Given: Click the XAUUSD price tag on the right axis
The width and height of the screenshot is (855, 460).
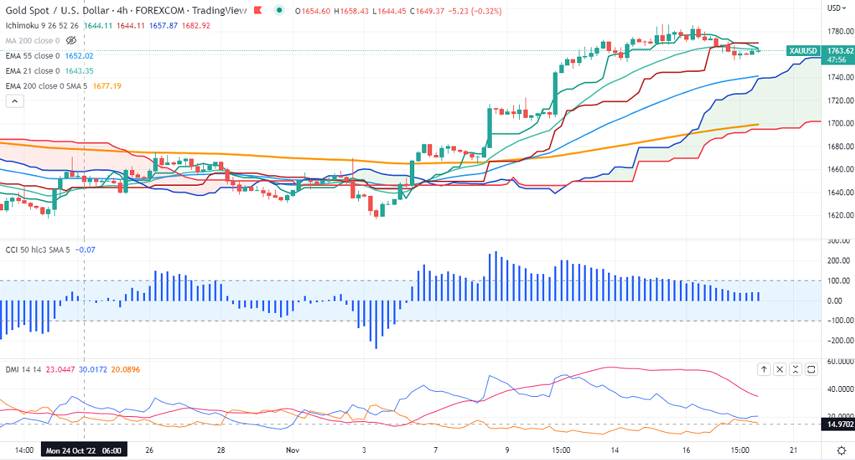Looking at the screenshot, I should [803, 50].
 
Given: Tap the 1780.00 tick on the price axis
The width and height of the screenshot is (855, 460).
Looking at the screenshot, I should [839, 32].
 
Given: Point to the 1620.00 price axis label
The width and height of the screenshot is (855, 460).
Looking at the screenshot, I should [839, 215].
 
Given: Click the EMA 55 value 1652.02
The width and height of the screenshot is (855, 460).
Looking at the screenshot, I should [80, 56].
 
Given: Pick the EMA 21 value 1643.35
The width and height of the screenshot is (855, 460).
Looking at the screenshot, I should [80, 71].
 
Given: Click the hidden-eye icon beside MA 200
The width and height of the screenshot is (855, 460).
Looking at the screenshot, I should [71, 41].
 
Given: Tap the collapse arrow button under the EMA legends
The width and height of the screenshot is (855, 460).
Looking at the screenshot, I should [15, 101].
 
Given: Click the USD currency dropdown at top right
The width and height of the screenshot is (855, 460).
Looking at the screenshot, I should [835, 8].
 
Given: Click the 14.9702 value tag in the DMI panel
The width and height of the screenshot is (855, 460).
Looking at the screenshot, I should [838, 424].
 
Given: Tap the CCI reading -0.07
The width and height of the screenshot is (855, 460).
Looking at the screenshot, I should [85, 250].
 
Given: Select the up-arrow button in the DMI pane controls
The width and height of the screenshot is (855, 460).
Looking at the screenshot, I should [764, 369].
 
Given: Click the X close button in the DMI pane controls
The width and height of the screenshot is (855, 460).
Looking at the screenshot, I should [780, 369].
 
